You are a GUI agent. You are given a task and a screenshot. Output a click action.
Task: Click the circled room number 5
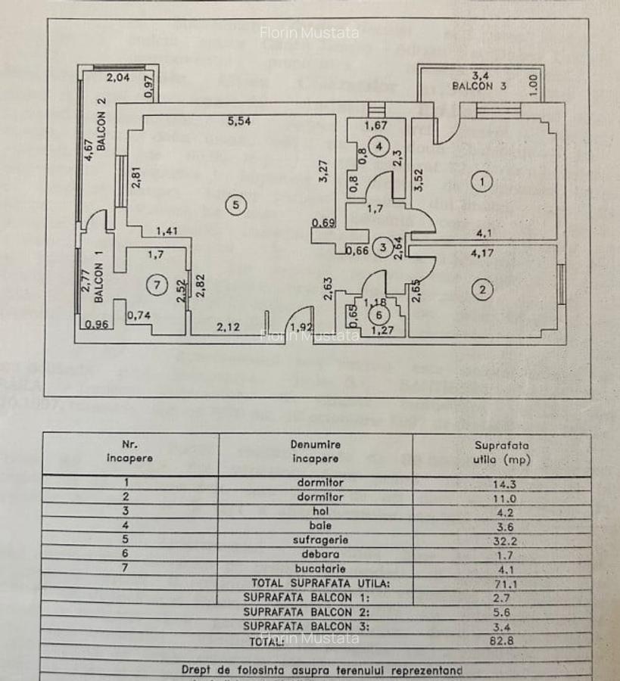236,204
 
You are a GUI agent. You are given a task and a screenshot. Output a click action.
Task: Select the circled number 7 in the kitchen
157,285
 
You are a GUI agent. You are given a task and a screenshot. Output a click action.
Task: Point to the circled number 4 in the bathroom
377,147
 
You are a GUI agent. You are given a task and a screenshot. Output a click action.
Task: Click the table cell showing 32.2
503,540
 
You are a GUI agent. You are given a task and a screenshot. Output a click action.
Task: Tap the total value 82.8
503,641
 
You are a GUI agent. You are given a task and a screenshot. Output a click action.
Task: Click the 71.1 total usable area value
503,583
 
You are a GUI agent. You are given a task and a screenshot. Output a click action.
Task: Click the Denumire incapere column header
316,452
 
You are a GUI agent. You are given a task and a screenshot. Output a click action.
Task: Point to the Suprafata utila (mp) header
503,452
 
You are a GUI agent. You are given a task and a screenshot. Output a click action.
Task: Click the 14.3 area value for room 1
503,483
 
